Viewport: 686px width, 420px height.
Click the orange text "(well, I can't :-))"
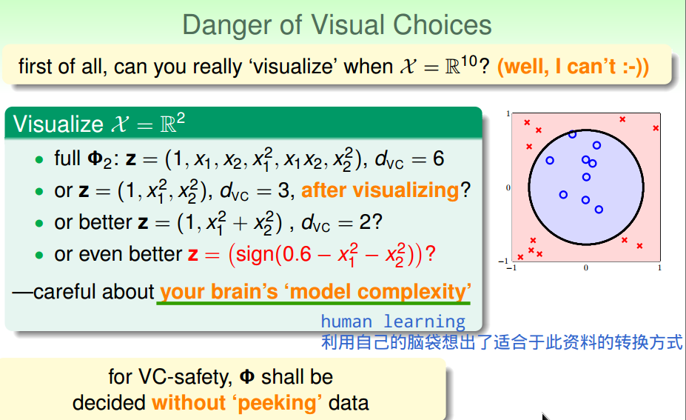pyautogui.click(x=573, y=67)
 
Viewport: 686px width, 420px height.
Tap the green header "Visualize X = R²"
pyautogui.click(x=99, y=124)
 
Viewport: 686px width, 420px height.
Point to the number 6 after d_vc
pyautogui.click(x=438, y=159)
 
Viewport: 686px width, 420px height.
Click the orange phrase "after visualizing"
pyautogui.click(x=380, y=190)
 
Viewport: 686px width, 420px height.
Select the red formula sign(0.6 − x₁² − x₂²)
pyautogui.click(x=326, y=255)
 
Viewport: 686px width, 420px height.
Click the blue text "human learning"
pyautogui.click(x=393, y=321)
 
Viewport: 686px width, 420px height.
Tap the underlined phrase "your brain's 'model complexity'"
pyautogui.click(x=315, y=292)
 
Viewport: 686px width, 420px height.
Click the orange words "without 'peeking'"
pyautogui.click(x=237, y=403)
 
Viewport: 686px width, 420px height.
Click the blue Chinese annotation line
pyautogui.click(x=502, y=342)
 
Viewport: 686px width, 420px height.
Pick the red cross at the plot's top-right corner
pyautogui.click(x=656, y=128)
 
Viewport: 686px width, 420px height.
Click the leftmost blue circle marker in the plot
pyautogui.click(x=550, y=161)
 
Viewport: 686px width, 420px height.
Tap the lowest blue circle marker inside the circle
pyautogui.click(x=599, y=210)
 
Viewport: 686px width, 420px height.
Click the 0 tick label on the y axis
pyautogui.click(x=508, y=188)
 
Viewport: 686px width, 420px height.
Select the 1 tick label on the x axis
pyautogui.click(x=659, y=267)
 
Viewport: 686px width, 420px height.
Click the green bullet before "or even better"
pyautogui.click(x=39, y=256)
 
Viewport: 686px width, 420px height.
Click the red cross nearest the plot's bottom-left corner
pyautogui.click(x=520, y=257)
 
